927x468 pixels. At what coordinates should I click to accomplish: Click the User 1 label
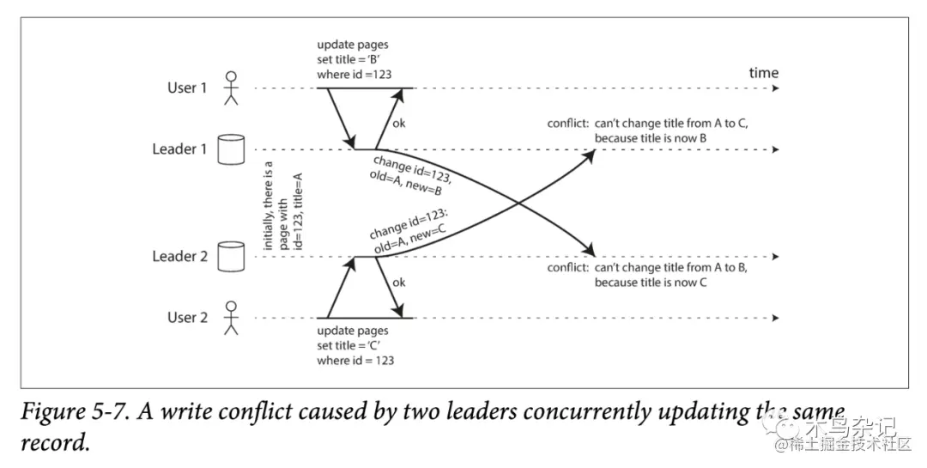pyautogui.click(x=187, y=88)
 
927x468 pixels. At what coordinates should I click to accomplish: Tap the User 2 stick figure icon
pyautogui.click(x=229, y=318)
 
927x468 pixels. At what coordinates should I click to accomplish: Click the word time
pyautogui.click(x=763, y=72)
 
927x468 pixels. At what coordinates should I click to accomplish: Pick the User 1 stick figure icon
pyautogui.click(x=229, y=88)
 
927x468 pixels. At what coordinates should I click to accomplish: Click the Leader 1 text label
pyautogui.click(x=179, y=149)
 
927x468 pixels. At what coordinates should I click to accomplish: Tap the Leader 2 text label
pyautogui.click(x=179, y=256)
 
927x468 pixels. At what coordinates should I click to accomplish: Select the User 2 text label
pyautogui.click(x=187, y=318)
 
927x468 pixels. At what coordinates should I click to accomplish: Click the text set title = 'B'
pyautogui.click(x=350, y=59)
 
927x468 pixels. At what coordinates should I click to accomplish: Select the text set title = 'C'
pyautogui.click(x=350, y=345)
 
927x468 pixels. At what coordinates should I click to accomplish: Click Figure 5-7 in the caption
pyautogui.click(x=76, y=412)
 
